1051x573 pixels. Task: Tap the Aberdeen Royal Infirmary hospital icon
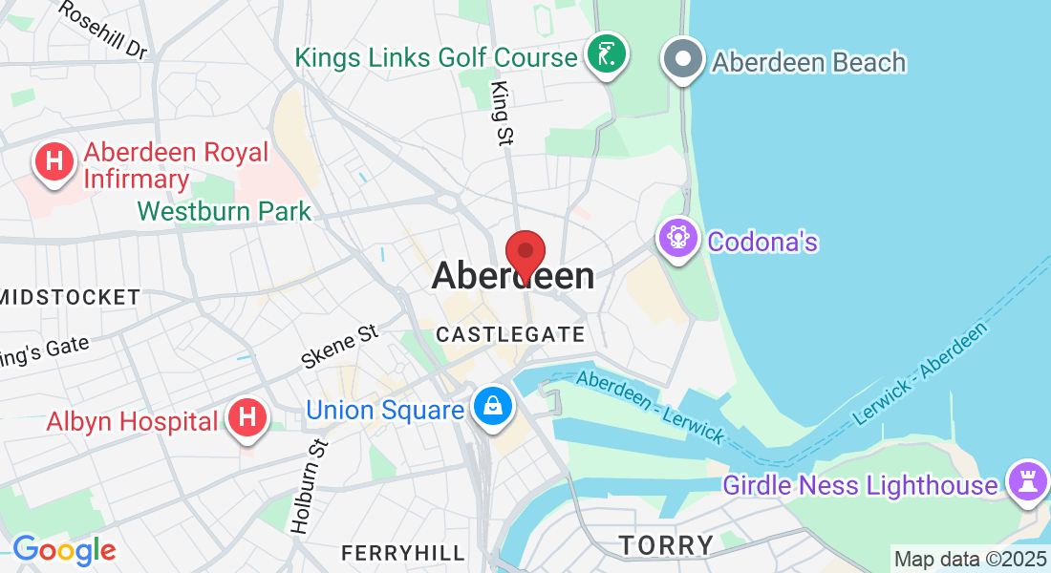coord(54,162)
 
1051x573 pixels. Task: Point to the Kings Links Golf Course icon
coord(606,55)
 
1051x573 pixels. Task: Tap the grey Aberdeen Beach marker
coord(683,59)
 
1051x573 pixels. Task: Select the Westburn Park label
coord(225,210)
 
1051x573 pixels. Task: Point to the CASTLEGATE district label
coord(509,334)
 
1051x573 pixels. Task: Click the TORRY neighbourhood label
coord(666,545)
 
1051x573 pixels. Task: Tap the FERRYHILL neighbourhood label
coord(403,553)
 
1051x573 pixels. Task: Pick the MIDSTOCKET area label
coord(72,297)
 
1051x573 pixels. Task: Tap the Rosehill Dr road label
coord(102,29)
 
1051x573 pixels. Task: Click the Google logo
coord(64,550)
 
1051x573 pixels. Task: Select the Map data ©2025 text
coord(969,558)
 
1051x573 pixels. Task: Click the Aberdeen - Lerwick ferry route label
coord(651,405)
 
